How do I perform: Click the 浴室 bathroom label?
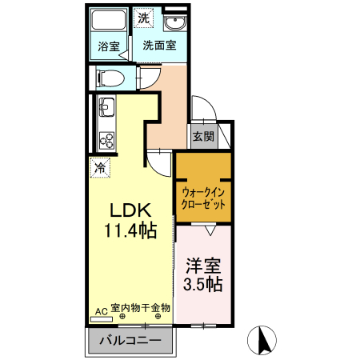[109, 46]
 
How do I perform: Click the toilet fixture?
[110, 78]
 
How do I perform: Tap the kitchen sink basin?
[106, 107]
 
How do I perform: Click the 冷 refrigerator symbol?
[100, 168]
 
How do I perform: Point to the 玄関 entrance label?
[202, 136]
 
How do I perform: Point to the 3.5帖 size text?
[203, 284]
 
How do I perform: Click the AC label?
[101, 310]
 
